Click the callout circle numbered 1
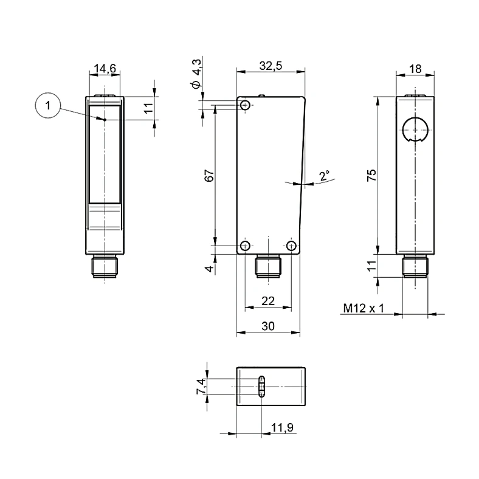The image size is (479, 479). (x=47, y=105)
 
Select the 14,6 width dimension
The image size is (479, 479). (x=105, y=69)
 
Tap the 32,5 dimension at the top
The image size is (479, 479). (x=271, y=66)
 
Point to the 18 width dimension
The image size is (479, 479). (x=415, y=69)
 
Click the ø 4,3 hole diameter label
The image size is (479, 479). (x=196, y=74)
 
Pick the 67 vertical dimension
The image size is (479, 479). (x=209, y=176)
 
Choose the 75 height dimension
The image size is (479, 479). (x=371, y=175)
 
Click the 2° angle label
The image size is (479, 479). (x=325, y=175)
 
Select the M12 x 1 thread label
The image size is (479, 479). (x=364, y=308)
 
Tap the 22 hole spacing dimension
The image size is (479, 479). (x=268, y=302)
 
